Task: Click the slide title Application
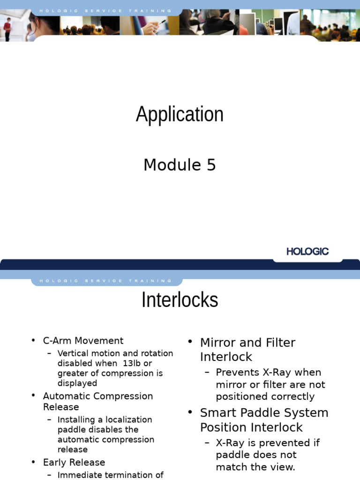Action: [x=180, y=114]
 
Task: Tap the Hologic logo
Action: [x=307, y=251]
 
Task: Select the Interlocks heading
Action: [x=180, y=300]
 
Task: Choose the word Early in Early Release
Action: [x=53, y=463]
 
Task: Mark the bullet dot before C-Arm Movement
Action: [x=33, y=341]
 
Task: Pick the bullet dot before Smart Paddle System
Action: [x=190, y=412]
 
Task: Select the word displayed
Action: [x=77, y=383]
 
